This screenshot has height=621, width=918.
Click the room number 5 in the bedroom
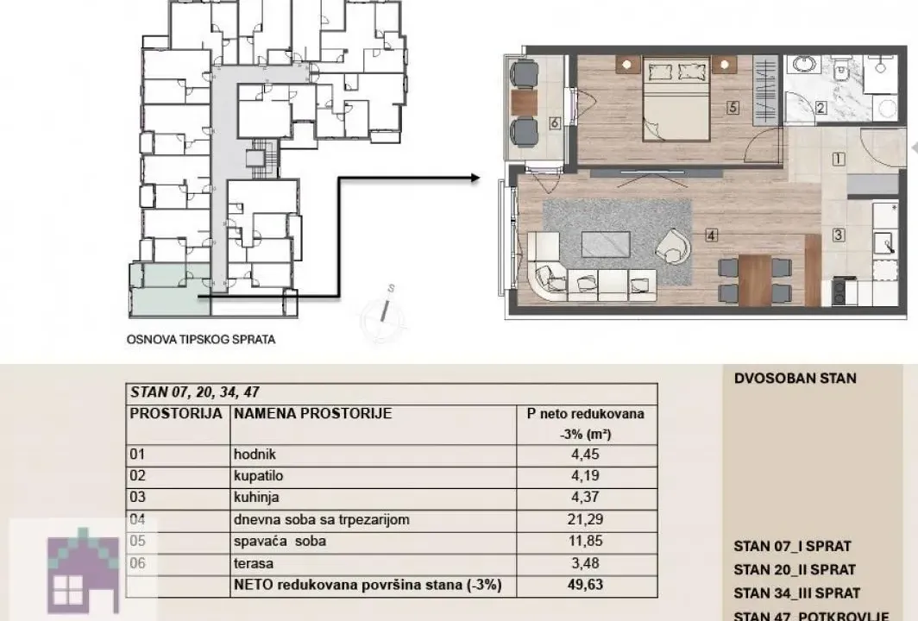[733, 109]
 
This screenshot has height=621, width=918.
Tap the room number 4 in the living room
[710, 234]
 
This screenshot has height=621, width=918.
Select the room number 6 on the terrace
[554, 123]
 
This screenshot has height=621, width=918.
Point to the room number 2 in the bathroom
[821, 109]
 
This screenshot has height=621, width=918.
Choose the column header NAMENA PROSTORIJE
[312, 414]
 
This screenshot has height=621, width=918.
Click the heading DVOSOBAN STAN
[795, 379]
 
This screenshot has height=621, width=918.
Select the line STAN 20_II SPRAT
[795, 570]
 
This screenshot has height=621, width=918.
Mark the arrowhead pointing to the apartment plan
[474, 179]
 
